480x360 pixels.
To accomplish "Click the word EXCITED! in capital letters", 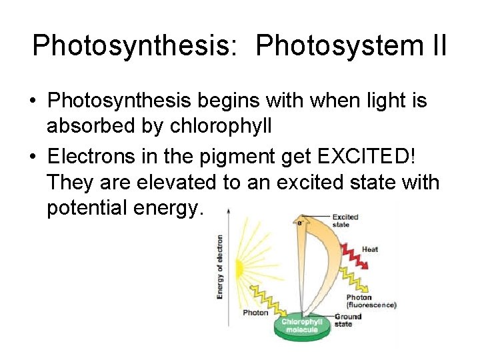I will [x=363, y=155].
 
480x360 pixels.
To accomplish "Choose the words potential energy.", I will [x=123, y=208].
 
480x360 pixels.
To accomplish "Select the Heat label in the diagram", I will [x=370, y=249].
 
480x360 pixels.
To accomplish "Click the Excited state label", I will [x=345, y=221].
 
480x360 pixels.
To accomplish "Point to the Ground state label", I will [x=348, y=320].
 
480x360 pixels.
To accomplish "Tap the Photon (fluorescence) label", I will [x=371, y=301].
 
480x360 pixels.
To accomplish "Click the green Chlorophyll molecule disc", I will [x=301, y=329].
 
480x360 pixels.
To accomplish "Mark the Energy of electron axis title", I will [x=220, y=267].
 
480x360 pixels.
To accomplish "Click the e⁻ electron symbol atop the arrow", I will [x=300, y=223].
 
